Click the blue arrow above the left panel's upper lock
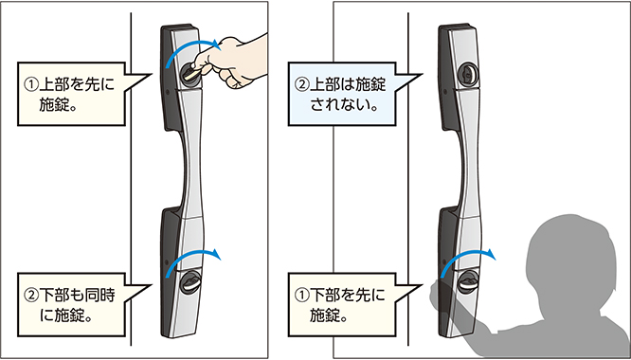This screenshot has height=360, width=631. [x=193, y=49]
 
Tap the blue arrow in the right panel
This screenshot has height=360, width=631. [x=468, y=259]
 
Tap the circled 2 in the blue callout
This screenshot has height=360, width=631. [x=302, y=82]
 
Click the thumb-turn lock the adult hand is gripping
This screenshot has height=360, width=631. [x=189, y=72]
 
